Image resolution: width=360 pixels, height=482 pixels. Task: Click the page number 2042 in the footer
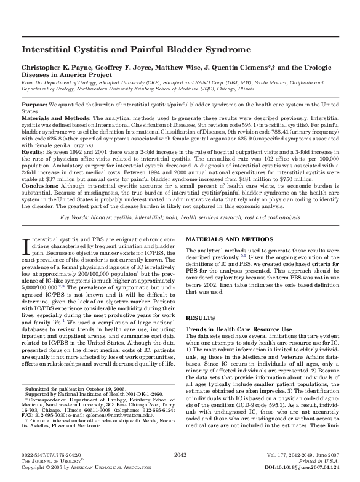coord(180,454)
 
